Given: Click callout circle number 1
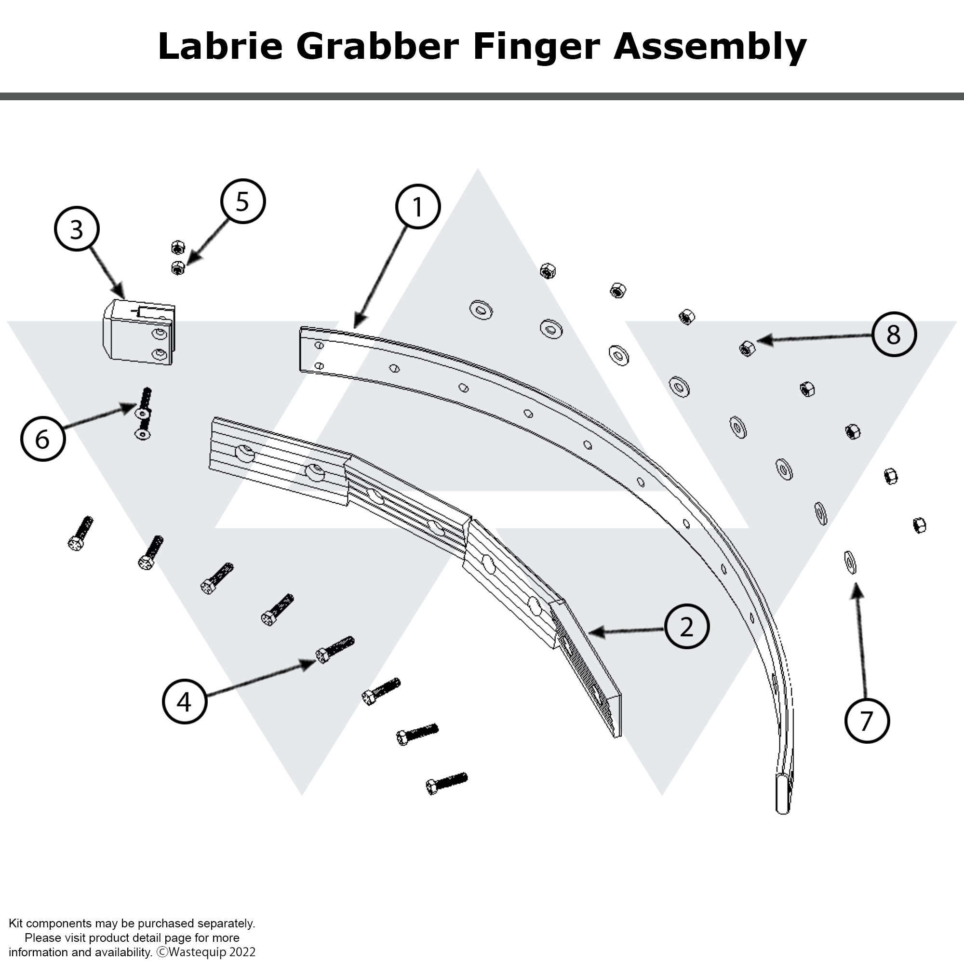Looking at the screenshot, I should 417,207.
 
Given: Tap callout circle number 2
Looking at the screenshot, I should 686,627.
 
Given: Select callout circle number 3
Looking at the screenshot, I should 76,229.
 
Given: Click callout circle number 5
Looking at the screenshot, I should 242,201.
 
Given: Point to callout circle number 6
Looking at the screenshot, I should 43,439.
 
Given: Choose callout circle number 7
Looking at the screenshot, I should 867,721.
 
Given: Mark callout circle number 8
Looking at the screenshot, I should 894,335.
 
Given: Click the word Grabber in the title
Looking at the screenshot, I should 377,46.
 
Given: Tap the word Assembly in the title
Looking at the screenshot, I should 710,46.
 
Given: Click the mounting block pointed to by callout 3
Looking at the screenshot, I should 139,332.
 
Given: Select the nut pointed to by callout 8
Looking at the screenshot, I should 747,348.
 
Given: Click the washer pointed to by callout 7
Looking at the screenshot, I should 850,562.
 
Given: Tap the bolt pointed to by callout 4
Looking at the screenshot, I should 335,650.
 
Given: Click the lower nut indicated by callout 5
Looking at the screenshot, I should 178,268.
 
